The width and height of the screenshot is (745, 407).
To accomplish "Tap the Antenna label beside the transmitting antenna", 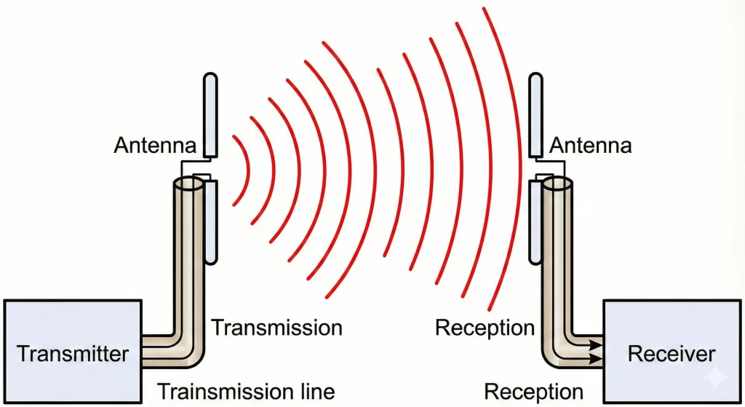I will coord(154,146).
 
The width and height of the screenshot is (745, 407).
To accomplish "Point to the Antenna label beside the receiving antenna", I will coord(590,146).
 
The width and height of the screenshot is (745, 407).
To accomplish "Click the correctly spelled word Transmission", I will coord(276,328).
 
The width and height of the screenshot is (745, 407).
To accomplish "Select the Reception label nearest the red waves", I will coord(485,328).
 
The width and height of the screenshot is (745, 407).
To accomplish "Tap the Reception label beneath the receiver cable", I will coord(533,391).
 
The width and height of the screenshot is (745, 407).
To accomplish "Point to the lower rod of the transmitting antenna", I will coord(210,222).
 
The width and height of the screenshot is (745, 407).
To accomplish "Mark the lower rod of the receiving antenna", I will coord(535,222).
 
